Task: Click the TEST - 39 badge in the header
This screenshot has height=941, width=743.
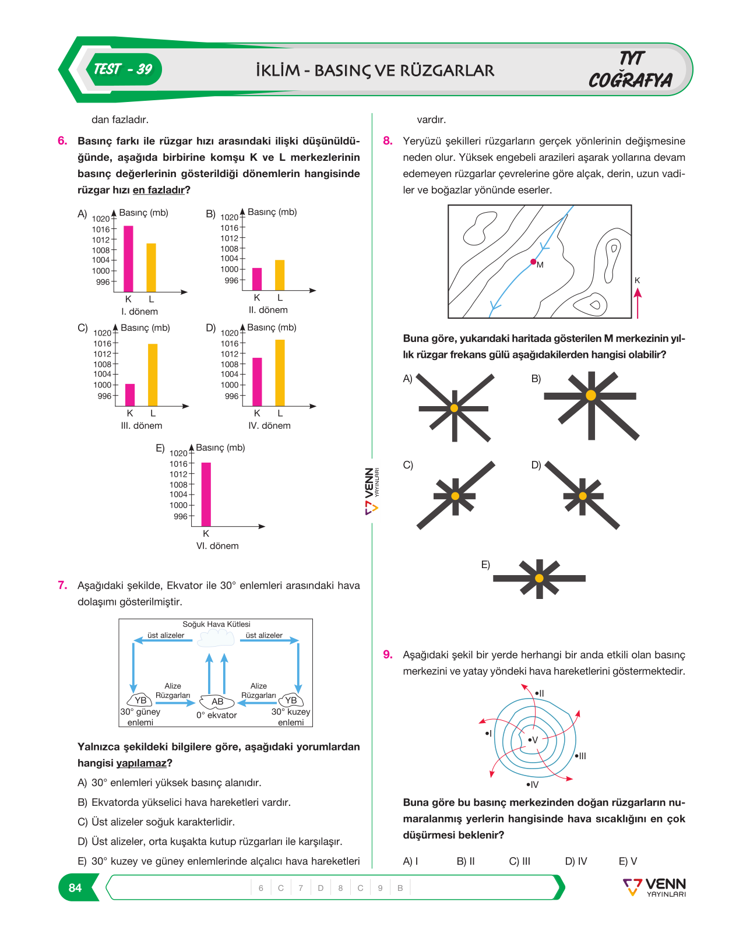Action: coord(123,69)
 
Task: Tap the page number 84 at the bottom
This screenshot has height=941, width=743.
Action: coord(75,887)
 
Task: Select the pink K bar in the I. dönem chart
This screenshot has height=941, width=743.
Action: coord(128,259)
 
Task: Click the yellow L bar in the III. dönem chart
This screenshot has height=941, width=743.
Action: coord(153,375)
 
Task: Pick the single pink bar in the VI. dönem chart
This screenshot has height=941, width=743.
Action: coord(206,494)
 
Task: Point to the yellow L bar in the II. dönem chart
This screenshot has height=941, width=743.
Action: coord(280,275)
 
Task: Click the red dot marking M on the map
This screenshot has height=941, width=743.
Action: coord(533,262)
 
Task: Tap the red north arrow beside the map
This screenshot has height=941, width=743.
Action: coord(638,303)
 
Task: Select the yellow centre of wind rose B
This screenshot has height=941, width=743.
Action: coord(591,395)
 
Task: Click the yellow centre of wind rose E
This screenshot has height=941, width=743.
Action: coord(539,578)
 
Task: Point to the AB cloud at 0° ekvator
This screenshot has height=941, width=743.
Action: coord(217,702)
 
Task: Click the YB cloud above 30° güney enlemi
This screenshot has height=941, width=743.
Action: coord(140,700)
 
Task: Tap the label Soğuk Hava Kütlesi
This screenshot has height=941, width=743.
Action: coord(216,624)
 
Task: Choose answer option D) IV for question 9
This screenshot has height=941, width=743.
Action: coord(576,861)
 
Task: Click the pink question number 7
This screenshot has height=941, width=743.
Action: coord(62,585)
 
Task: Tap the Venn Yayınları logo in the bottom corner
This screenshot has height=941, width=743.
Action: coord(654,887)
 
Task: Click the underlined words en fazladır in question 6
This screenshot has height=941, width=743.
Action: coord(159,190)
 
